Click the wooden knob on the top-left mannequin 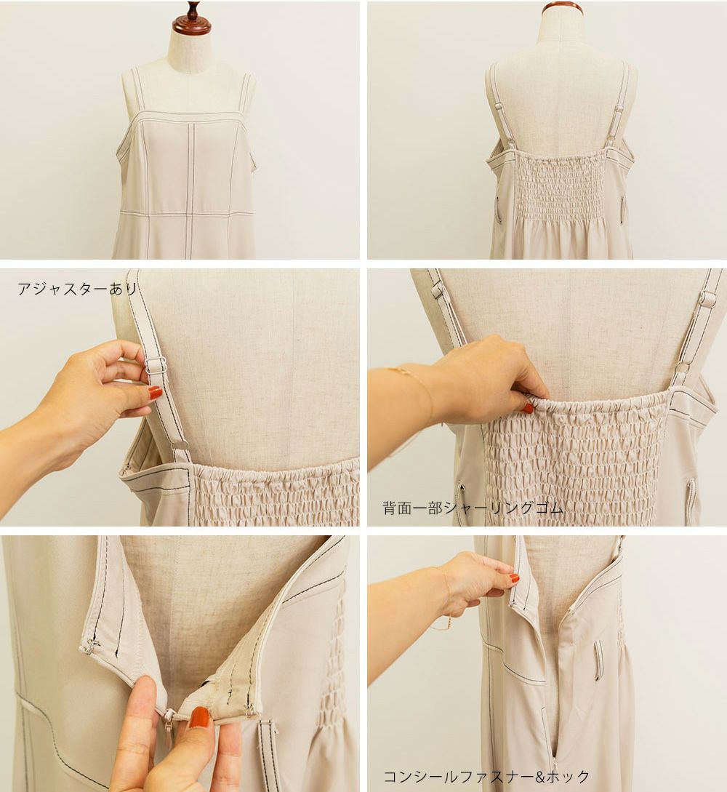tap(191, 19)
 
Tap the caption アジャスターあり tap(77, 289)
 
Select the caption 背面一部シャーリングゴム tap(473, 508)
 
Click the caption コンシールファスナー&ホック tap(486, 776)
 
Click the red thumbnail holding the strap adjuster tap(155, 393)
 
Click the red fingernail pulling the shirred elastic tap(528, 408)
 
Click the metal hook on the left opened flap tap(91, 646)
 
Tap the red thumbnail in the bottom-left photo tap(199, 717)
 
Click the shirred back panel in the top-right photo tap(559, 187)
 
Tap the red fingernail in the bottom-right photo tap(514, 578)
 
